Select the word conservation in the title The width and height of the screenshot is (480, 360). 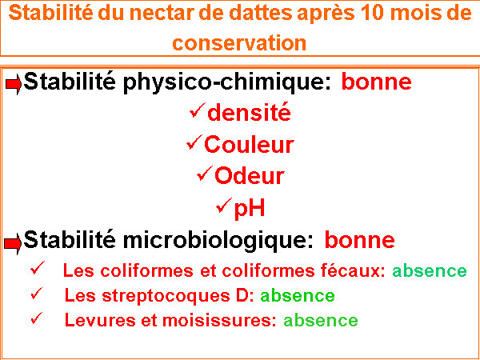point(239,42)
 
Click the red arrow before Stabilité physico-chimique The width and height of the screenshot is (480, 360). point(14,83)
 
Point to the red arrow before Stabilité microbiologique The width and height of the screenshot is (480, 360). point(13,243)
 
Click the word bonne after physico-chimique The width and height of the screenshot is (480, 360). point(376,82)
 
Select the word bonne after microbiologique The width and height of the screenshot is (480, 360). point(360,240)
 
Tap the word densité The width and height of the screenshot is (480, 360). point(249,112)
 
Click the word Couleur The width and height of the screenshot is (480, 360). point(249,144)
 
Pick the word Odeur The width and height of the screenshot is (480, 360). point(250,176)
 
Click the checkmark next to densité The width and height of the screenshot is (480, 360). point(197,110)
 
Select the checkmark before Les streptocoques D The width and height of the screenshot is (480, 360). point(38,294)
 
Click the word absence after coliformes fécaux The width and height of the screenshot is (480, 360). point(430,270)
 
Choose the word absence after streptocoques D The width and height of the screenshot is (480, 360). point(298,295)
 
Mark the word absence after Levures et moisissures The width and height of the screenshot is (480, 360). point(321,321)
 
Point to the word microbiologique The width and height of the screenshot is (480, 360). point(218,242)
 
